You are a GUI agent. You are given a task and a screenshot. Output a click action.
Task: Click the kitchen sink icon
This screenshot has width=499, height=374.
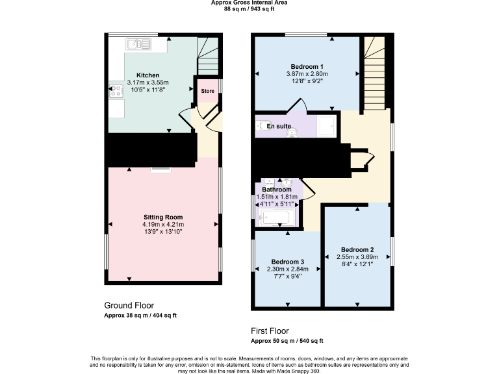[x=138, y=44]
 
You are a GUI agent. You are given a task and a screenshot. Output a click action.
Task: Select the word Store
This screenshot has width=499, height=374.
[x=207, y=92]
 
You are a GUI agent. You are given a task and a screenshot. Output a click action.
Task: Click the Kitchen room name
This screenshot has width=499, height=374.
[x=147, y=75]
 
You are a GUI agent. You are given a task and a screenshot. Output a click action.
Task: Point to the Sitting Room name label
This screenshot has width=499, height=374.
[x=163, y=217]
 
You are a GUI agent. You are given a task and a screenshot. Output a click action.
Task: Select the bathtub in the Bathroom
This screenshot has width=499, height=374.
[x=277, y=217]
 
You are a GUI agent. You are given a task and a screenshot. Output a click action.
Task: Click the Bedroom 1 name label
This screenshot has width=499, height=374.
[x=307, y=67]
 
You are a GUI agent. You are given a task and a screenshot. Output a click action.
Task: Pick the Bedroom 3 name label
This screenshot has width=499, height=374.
[x=286, y=262]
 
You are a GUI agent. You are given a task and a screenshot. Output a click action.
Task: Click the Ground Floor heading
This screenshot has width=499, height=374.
[x=129, y=305]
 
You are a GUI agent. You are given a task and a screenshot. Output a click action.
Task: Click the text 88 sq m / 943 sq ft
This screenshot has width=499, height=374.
[x=249, y=9]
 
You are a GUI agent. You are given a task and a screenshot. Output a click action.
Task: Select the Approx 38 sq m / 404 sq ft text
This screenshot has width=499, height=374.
[x=140, y=315]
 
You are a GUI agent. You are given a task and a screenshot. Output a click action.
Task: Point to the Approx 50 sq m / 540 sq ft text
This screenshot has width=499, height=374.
[x=287, y=340]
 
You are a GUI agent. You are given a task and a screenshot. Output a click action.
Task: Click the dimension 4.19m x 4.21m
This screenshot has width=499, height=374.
[x=163, y=224]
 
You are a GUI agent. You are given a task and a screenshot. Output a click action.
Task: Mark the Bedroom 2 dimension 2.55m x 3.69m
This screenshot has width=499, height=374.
[x=357, y=257]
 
